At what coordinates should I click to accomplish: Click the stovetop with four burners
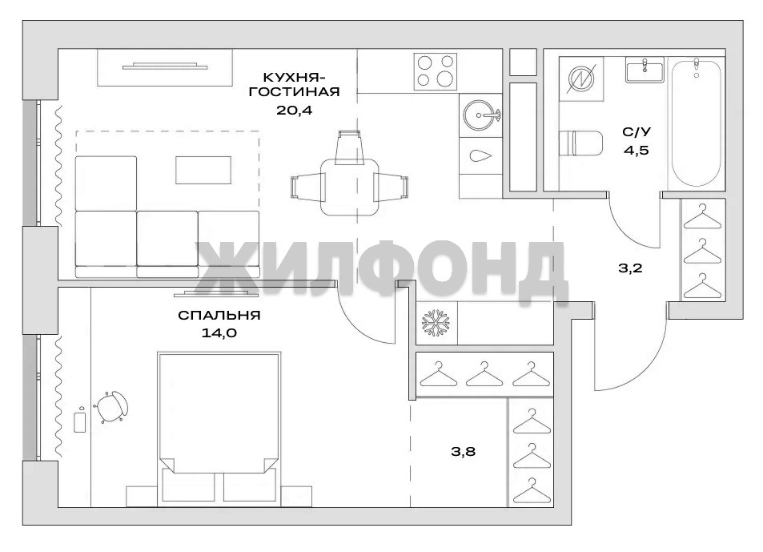436,71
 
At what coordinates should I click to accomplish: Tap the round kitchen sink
480,115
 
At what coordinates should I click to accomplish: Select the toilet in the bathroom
581,143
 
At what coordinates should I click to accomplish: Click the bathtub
697,123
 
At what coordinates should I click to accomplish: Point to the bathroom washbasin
645,70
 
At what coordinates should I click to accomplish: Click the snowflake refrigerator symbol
436,322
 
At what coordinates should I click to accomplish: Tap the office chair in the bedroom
113,406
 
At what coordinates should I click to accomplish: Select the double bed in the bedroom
219,427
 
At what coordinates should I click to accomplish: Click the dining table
350,187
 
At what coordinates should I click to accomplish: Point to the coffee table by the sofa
203,170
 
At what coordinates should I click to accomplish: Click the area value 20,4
294,110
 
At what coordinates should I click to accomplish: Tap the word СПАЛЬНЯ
219,316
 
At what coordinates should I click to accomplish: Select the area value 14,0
219,333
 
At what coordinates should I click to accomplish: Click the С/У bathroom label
637,132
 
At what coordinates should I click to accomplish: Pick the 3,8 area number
463,452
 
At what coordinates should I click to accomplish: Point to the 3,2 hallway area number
631,268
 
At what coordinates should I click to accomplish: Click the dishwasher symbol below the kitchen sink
480,155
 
